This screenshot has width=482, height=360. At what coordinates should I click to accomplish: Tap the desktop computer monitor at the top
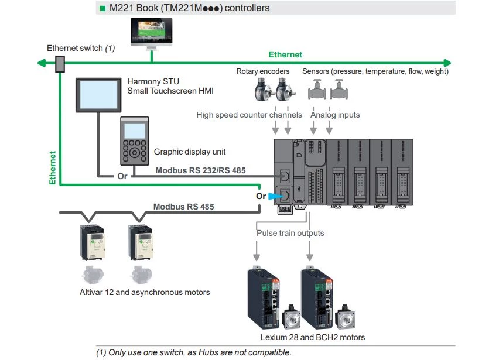point(151,35)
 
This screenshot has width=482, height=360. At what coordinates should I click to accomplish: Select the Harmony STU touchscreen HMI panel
point(98,96)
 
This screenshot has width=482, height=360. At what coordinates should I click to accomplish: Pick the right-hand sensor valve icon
point(339,92)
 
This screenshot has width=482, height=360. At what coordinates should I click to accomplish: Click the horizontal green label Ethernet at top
point(285,54)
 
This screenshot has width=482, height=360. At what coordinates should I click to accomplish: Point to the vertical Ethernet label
point(53,168)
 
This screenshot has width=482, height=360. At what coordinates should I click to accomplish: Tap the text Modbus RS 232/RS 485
point(200,170)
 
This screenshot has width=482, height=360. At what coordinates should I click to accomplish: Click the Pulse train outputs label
point(290,233)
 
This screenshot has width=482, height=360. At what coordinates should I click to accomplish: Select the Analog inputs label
point(335,115)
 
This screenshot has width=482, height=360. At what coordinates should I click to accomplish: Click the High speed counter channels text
point(249,115)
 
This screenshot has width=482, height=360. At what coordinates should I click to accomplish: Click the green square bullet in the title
point(102,8)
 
